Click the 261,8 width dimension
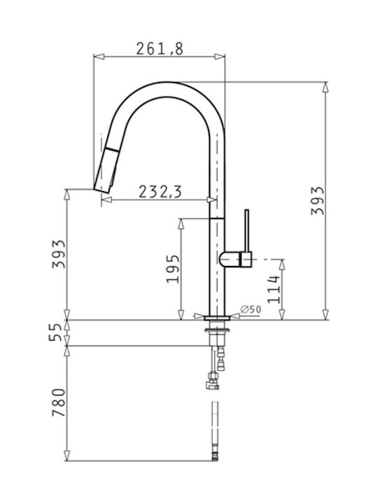coord(160,49)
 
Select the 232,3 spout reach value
coord(160,192)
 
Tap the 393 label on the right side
coord(318,201)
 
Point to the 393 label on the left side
coord(59,254)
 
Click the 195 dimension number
coord(173,269)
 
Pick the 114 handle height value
coord(274,289)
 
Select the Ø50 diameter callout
coord(251,309)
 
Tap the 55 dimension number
coord(55,332)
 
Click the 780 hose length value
coord(59,402)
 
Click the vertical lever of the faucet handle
coord(246,230)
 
